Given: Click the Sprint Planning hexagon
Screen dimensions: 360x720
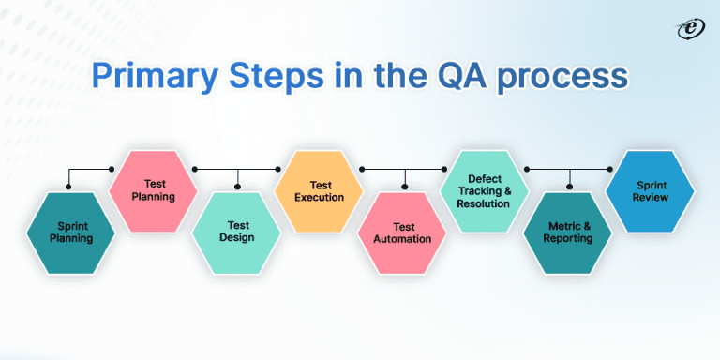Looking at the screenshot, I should point(72,232).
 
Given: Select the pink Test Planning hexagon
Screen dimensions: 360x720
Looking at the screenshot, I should point(155,190).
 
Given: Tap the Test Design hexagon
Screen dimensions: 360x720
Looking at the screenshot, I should point(236,232).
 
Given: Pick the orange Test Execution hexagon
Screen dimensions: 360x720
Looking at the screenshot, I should point(319,190).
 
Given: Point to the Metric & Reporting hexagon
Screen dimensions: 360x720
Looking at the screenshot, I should point(568,232).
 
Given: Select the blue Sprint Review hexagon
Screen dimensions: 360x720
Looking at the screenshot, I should point(650,190).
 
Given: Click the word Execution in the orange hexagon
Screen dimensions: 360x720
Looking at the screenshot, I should point(319,198).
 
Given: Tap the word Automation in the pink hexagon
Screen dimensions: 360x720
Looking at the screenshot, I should point(404,239).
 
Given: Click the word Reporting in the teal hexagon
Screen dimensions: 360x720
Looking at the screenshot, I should point(568,239).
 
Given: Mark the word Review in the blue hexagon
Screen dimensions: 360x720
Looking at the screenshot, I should point(650,198).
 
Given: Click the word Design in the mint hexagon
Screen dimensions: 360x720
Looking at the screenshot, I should point(236,239).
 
